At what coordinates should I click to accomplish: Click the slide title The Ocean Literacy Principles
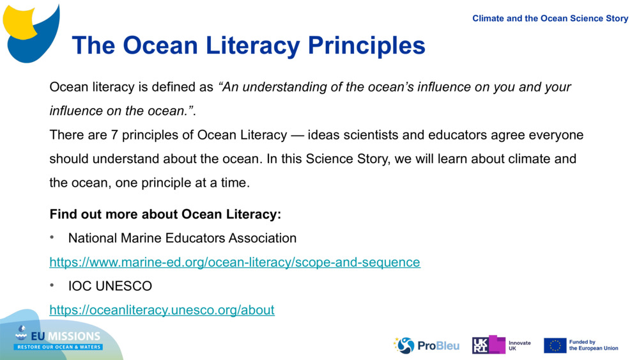(248, 45)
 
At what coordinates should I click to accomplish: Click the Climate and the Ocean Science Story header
(550, 19)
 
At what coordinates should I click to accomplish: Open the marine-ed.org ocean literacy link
(235, 262)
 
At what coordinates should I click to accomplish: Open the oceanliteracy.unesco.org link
(162, 310)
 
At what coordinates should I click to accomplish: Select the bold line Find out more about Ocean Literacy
(165, 214)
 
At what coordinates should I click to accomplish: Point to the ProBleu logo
(427, 345)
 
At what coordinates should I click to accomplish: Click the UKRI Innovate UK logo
(501, 345)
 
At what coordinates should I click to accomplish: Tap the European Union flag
(555, 345)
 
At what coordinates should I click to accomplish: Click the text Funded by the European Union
(594, 345)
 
